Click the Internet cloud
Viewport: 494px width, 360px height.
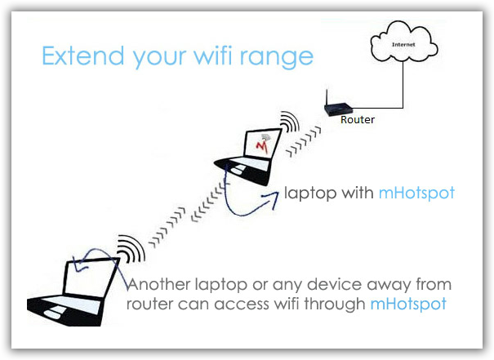point(404,42)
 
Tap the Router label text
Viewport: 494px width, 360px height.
point(358,120)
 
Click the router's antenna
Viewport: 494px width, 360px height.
point(327,98)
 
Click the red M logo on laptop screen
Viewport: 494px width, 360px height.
point(262,147)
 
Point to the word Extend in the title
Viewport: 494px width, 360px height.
point(83,56)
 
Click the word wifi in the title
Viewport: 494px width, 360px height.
point(212,56)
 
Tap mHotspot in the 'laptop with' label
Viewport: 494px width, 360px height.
point(416,193)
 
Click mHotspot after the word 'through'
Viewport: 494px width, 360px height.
point(408,304)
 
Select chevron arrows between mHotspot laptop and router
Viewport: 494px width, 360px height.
point(304,141)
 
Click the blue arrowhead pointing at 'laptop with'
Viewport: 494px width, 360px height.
point(272,198)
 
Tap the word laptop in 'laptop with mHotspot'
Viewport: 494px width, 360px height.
point(310,193)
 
